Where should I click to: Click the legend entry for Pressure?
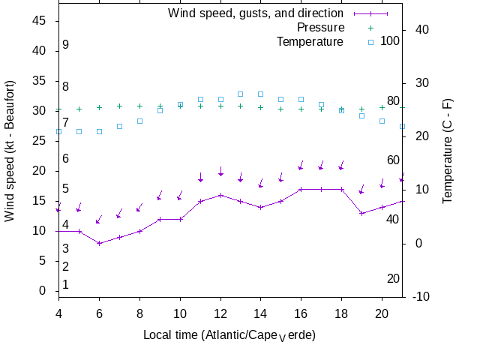click(x=310, y=28)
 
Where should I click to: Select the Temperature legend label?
click(x=310, y=41)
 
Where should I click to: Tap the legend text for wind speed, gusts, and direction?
click(x=255, y=13)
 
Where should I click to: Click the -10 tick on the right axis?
click(x=421, y=297)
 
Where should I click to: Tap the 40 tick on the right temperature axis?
click(x=421, y=30)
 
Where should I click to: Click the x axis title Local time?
click(x=229, y=334)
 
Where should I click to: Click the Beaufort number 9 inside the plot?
click(x=66, y=45)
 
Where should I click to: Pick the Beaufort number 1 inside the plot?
click(x=66, y=285)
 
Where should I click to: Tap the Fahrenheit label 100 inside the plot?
click(x=390, y=40)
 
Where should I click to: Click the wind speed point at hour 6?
click(x=99, y=243)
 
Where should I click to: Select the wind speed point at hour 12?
click(x=220, y=195)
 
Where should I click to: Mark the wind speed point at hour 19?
click(x=361, y=213)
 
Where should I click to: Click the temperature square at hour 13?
click(x=240, y=94)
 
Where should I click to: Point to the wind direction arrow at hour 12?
click(x=220, y=172)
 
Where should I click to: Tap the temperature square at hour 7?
click(x=119, y=126)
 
